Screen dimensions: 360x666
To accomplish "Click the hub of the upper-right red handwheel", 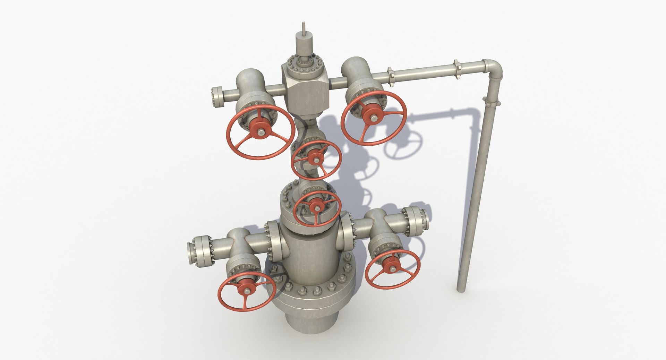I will point(374,119).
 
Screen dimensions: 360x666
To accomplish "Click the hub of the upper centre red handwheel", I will point(315,160).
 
